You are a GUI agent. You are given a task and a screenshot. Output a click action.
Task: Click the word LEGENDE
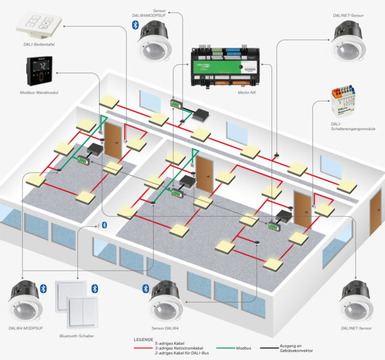142,339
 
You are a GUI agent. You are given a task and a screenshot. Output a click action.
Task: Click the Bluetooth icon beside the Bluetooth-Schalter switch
94,289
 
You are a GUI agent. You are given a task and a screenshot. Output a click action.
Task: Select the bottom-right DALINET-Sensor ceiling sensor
359,301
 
